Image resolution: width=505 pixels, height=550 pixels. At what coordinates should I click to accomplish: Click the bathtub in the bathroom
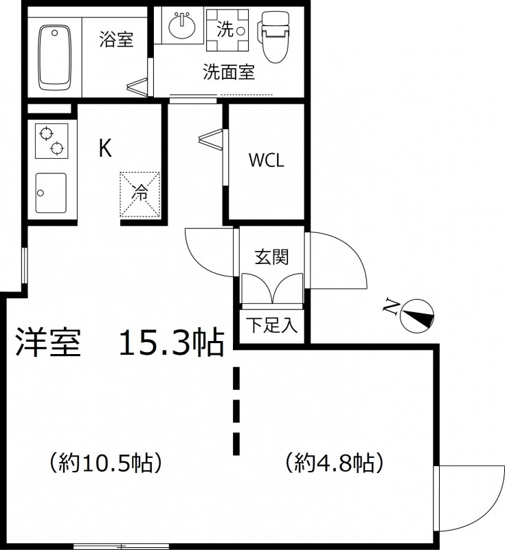point(55,58)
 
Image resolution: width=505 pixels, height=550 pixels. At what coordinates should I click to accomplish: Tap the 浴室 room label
point(116,39)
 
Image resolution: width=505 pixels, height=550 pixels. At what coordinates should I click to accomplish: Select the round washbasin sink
point(182,25)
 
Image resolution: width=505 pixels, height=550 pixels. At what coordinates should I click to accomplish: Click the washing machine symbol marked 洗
point(227,30)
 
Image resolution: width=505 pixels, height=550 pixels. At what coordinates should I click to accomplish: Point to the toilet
point(276,37)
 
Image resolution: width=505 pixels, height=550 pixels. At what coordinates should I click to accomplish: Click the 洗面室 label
point(229,72)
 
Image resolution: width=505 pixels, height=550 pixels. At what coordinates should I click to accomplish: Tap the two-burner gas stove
point(52,141)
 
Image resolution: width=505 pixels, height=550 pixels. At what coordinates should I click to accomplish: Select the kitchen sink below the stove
point(51,192)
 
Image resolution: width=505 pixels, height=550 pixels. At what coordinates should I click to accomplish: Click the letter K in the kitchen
point(105,148)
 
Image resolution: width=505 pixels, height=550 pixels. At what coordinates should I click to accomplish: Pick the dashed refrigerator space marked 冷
point(140,195)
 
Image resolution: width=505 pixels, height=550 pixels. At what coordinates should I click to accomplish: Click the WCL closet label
point(267,160)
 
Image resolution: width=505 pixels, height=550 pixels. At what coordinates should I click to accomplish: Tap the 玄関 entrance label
point(271,256)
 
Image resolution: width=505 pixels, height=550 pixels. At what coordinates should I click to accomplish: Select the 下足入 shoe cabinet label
point(272,324)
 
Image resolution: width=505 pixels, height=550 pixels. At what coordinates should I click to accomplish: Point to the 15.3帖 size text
point(172,342)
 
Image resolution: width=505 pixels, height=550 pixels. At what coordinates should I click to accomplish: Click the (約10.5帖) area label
point(106,463)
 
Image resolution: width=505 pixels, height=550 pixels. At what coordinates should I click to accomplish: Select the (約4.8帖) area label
point(335,463)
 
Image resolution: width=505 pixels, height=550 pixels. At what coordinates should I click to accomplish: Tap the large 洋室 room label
point(48,342)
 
